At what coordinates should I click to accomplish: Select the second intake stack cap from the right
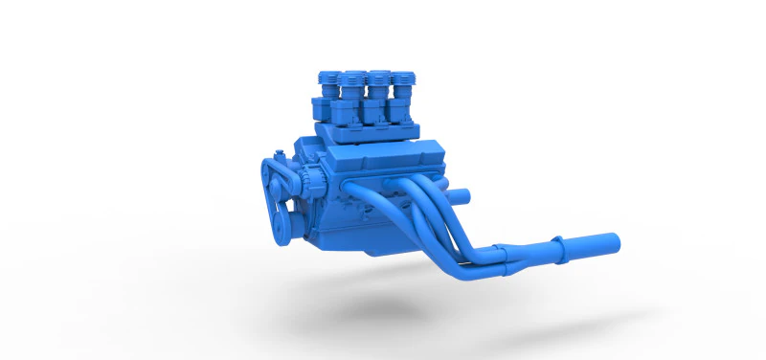click(x=380, y=76)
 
